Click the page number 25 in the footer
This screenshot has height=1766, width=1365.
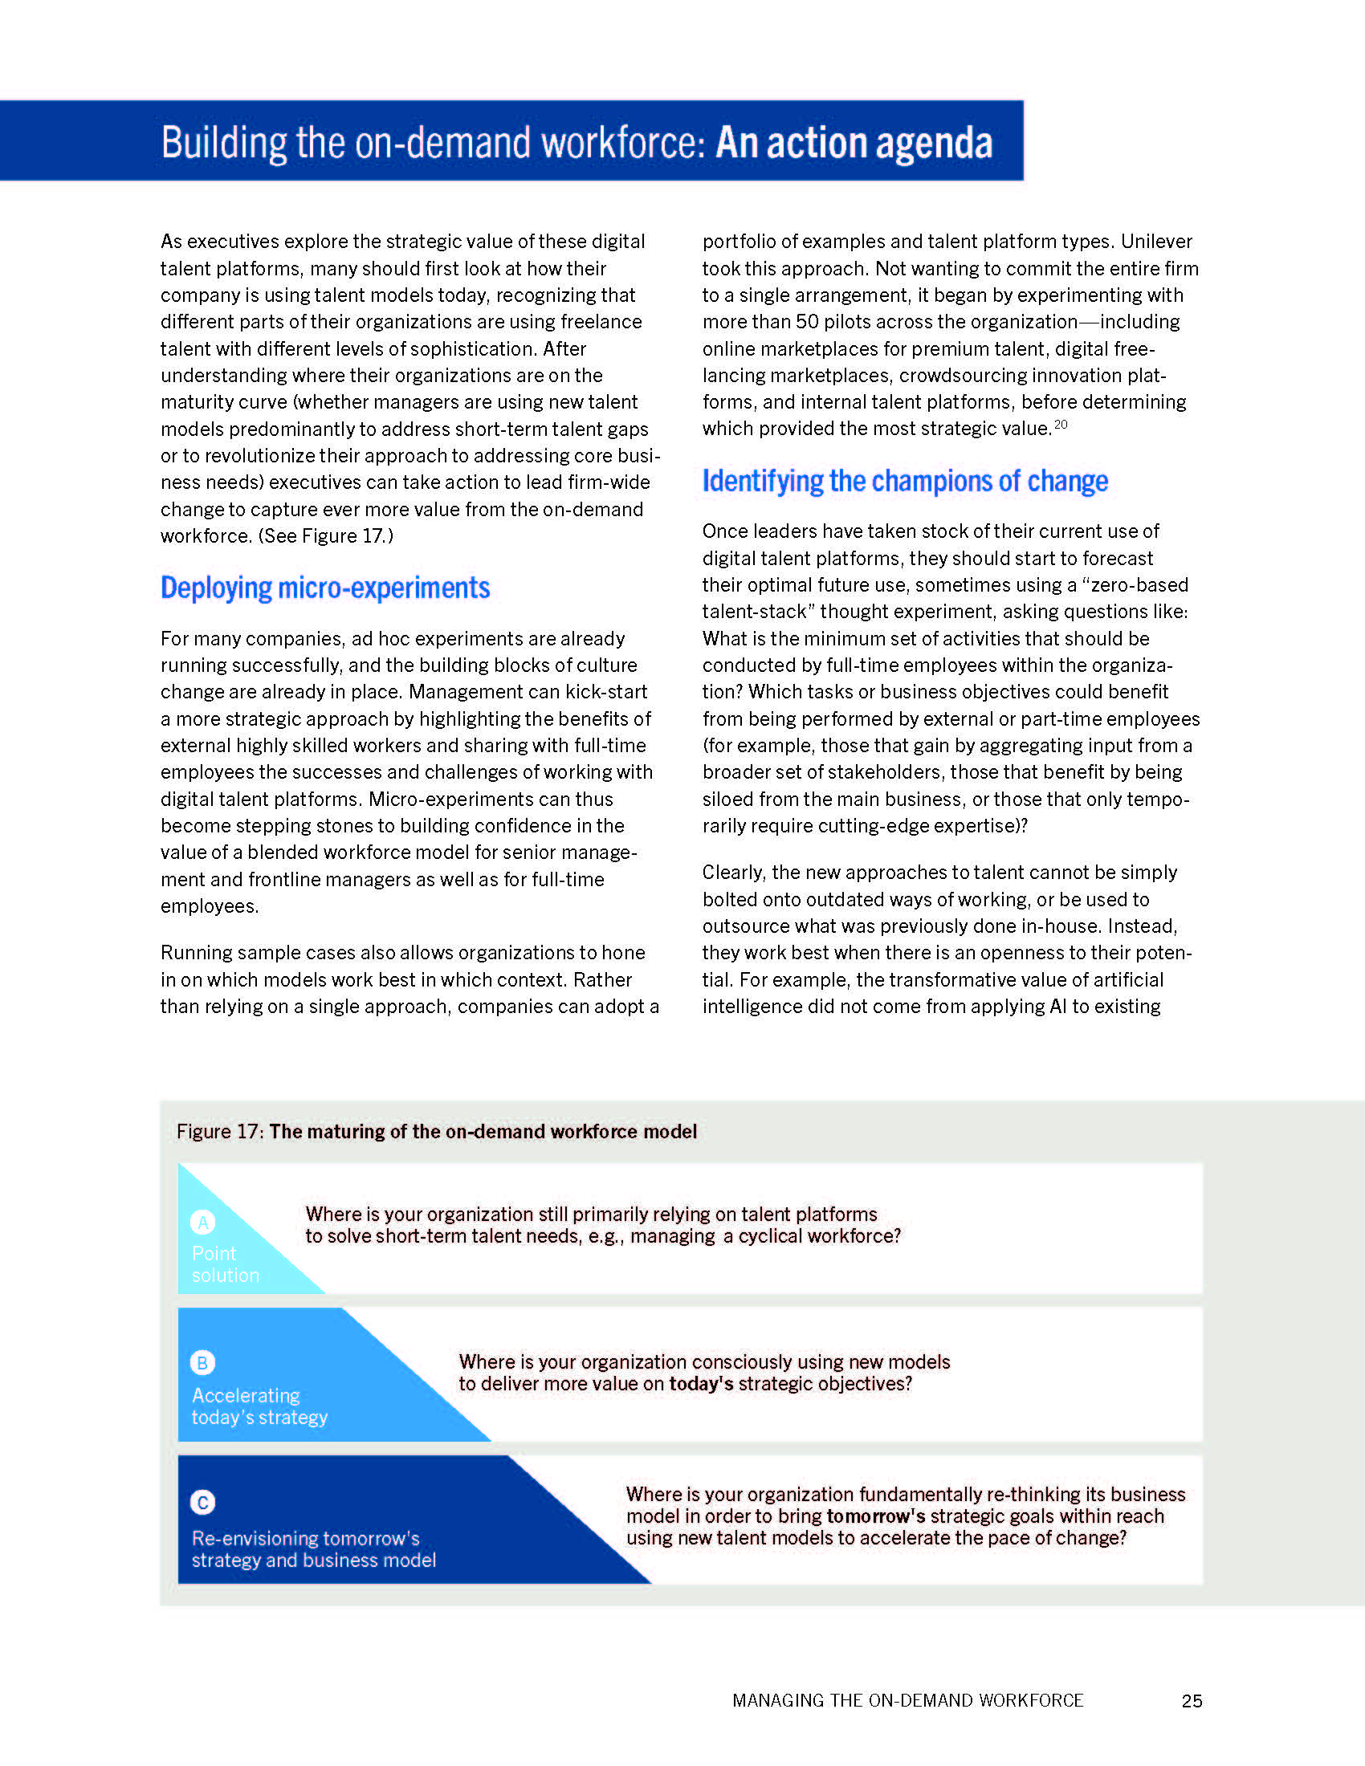click(x=1191, y=1700)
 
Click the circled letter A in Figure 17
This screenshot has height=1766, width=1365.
click(x=202, y=1222)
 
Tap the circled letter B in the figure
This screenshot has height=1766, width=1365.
click(x=202, y=1362)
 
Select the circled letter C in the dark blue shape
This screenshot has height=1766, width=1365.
click(x=202, y=1503)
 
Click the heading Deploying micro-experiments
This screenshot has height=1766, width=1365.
click(x=325, y=588)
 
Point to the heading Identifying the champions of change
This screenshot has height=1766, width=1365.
click(x=904, y=481)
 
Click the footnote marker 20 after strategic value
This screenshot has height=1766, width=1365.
click(x=1061, y=425)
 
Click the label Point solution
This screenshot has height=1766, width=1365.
click(x=225, y=1263)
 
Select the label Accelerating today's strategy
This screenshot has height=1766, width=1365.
click(x=259, y=1406)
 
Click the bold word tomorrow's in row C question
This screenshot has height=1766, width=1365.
click(x=876, y=1516)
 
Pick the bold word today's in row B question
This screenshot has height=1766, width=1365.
click(x=700, y=1384)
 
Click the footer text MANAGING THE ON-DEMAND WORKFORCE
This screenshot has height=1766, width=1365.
click(x=907, y=1700)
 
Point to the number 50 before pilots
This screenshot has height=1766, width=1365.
click(x=807, y=322)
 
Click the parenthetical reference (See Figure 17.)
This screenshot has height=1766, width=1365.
click(x=326, y=536)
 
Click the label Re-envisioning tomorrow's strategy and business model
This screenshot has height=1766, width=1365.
click(x=313, y=1548)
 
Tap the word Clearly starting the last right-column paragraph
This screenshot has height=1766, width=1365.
click(x=731, y=873)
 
